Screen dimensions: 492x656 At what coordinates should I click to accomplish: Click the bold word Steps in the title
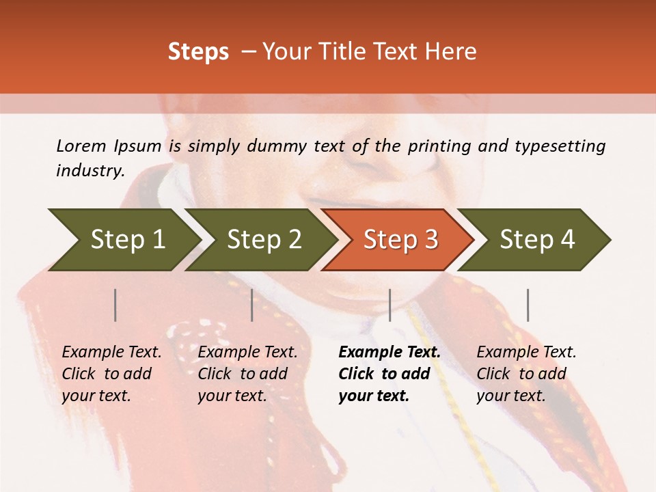(198, 52)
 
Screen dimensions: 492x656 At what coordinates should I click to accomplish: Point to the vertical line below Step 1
(115, 305)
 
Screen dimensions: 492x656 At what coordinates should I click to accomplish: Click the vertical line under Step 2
(252, 305)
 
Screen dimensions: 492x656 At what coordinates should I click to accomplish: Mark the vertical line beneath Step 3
(389, 305)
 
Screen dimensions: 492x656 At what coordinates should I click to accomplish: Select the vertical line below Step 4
(528, 305)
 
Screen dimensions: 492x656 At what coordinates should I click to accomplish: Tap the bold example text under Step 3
(389, 374)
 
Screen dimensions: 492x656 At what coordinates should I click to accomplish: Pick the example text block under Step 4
(526, 374)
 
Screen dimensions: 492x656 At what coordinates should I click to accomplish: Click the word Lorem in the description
(81, 146)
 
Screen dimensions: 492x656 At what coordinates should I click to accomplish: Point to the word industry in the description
(90, 171)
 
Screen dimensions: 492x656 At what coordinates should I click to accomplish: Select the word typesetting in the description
(560, 146)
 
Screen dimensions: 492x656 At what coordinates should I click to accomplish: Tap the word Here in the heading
(451, 52)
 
